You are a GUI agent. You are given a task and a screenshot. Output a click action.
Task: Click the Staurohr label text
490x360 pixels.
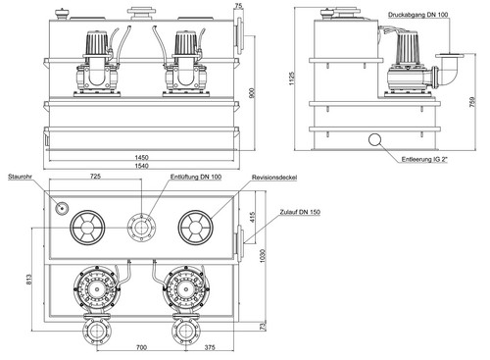click(20, 177)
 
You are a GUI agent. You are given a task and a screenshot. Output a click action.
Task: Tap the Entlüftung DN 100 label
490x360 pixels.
click(196, 177)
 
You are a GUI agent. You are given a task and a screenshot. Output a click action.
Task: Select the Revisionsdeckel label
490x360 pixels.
click(274, 178)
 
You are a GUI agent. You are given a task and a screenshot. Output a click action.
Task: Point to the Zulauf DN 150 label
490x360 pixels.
click(300, 212)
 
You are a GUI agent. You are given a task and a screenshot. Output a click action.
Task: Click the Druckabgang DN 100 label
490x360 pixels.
click(418, 15)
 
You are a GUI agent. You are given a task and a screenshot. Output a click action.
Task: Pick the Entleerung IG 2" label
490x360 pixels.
click(424, 160)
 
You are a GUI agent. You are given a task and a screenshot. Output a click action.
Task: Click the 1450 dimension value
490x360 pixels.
click(141, 157)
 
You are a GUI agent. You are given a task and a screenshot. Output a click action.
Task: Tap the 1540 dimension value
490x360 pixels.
click(141, 166)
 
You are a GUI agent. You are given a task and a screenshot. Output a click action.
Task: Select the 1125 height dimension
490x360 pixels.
click(291, 78)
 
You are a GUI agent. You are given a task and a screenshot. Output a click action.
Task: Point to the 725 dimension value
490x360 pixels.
click(95, 177)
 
